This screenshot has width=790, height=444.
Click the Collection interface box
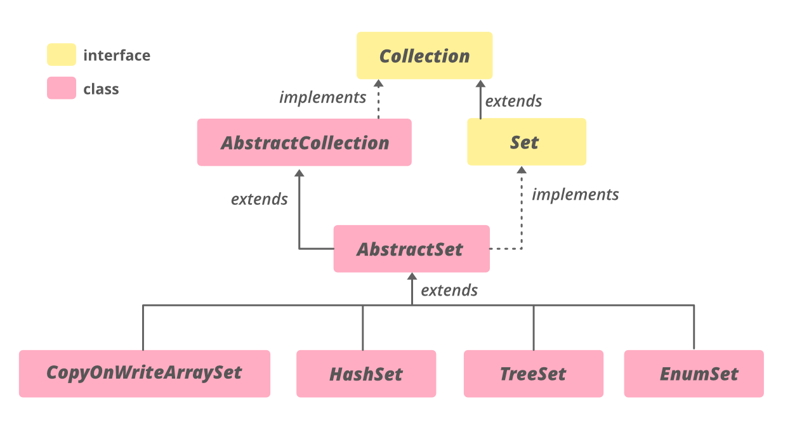pyautogui.click(x=424, y=56)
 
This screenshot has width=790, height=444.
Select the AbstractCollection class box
pyautogui.click(x=305, y=143)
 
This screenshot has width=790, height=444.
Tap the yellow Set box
pyautogui.click(x=526, y=142)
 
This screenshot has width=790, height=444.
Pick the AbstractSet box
pyautogui.click(x=411, y=249)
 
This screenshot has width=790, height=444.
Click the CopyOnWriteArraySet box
pyautogui.click(x=144, y=373)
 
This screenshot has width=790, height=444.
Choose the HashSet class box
pyautogui.click(x=366, y=374)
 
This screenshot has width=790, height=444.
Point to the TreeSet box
pyautogui.click(x=533, y=374)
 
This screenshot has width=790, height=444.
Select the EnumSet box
pyautogui.click(x=694, y=374)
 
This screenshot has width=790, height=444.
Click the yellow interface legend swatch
pyautogui.click(x=62, y=55)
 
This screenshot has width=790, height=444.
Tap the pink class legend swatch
pyautogui.click(x=62, y=88)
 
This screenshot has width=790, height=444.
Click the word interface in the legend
pyautogui.click(x=117, y=55)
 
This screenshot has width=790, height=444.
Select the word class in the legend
pyautogui.click(x=101, y=89)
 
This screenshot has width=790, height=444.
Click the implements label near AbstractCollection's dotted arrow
pyautogui.click(x=323, y=98)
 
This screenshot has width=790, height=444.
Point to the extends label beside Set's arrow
pyautogui.click(x=513, y=101)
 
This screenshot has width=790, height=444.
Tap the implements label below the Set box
pyautogui.click(x=575, y=194)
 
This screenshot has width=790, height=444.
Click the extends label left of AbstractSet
pyautogui.click(x=259, y=199)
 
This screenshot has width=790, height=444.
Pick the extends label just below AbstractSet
pyautogui.click(x=449, y=291)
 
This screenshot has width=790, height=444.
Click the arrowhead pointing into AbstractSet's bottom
pyautogui.click(x=412, y=277)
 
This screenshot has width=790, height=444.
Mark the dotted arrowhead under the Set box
pyautogui.click(x=522, y=170)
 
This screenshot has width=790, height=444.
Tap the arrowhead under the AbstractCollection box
pyautogui.click(x=300, y=173)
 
